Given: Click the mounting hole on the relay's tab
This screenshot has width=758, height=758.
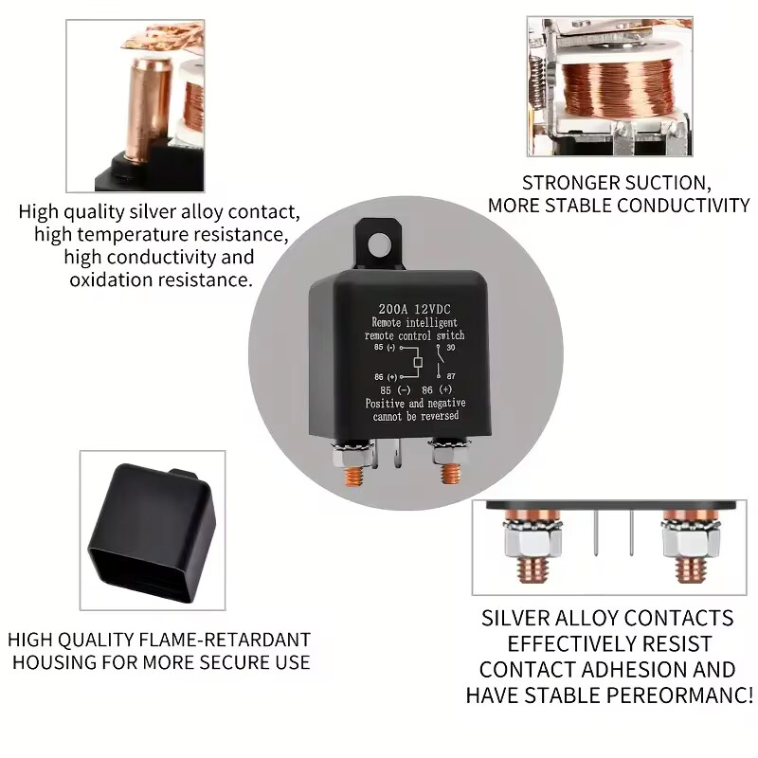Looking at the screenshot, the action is point(379,245).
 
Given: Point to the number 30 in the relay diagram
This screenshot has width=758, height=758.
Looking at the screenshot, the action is point(451,348).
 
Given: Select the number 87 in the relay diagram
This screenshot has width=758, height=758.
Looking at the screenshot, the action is point(451,375).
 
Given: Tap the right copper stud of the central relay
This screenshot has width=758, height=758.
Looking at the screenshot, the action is point(449,475).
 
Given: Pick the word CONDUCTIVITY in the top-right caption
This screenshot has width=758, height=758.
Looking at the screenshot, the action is point(683,206).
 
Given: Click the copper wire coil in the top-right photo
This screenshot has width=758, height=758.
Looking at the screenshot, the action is point(618,88).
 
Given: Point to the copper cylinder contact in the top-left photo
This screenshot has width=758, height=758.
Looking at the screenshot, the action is point(144,109).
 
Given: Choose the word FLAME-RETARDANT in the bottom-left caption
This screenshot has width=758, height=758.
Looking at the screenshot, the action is point(225,640).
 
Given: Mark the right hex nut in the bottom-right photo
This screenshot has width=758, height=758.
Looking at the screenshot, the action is point(691,541).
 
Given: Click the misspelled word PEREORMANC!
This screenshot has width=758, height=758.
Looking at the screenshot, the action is point(679,695).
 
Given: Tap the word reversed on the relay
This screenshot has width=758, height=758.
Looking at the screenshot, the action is point(439,416).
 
